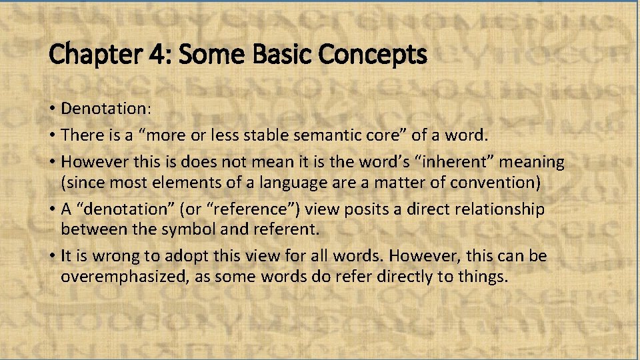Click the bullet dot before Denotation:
point(52,108)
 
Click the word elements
point(181,181)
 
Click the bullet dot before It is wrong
point(52,257)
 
